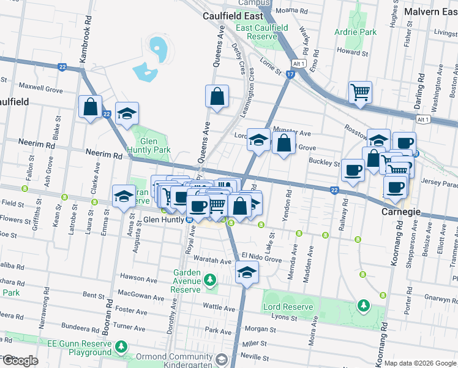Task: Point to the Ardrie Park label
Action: pyautogui.click(x=355, y=32)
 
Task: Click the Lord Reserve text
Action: pyautogui.click(x=288, y=306)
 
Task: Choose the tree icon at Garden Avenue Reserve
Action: pyautogui.click(x=211, y=281)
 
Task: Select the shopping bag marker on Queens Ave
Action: pyautogui.click(x=217, y=96)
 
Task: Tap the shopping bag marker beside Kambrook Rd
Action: pyautogui.click(x=91, y=107)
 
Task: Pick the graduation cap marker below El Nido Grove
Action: pyautogui.click(x=247, y=272)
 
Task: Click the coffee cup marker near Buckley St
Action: pyautogui.click(x=352, y=170)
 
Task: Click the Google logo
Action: pyautogui.click(x=20, y=360)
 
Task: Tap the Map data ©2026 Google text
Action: pyautogui.click(x=420, y=363)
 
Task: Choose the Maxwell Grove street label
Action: pyautogui.click(x=41, y=89)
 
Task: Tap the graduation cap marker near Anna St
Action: pyautogui.click(x=124, y=196)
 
